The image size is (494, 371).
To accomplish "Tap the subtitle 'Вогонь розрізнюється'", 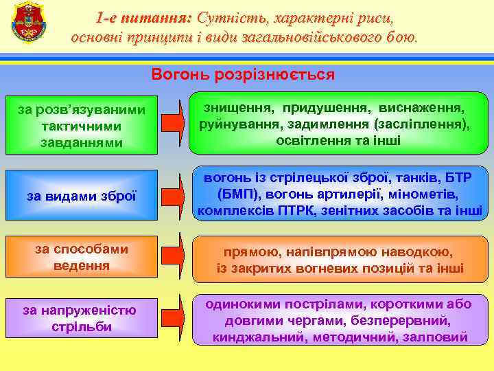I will [x=243, y=74].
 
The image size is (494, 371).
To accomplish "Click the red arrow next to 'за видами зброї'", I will [x=173, y=195].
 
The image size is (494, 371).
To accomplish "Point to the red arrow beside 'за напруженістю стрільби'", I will [x=173, y=317].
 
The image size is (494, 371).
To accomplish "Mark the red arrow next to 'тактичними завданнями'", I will [x=173, y=124].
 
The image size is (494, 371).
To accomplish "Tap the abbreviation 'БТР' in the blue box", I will [x=457, y=177].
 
